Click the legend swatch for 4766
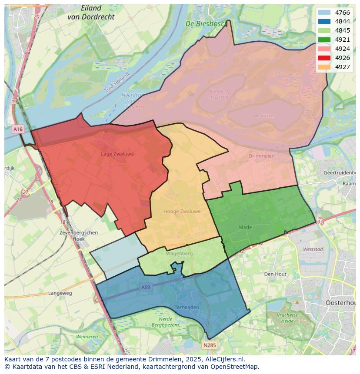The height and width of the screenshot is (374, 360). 324,13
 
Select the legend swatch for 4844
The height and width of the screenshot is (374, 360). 324,22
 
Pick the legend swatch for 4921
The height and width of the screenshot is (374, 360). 324,40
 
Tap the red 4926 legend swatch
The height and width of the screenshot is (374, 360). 324,58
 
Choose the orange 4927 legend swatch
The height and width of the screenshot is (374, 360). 324,67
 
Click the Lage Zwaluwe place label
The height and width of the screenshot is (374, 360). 117,154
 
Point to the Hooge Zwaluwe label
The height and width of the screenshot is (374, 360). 182,212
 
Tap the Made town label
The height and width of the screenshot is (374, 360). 245,227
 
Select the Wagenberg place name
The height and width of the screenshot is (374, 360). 179,253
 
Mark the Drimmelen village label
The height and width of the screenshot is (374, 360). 261,156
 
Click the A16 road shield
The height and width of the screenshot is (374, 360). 18,129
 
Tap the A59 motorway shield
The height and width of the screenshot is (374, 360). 146,287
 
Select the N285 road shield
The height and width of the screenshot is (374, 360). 209,345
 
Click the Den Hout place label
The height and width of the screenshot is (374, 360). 275,274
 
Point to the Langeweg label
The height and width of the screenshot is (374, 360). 60,293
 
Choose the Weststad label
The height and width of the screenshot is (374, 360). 313,249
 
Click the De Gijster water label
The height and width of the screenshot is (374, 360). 263,116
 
